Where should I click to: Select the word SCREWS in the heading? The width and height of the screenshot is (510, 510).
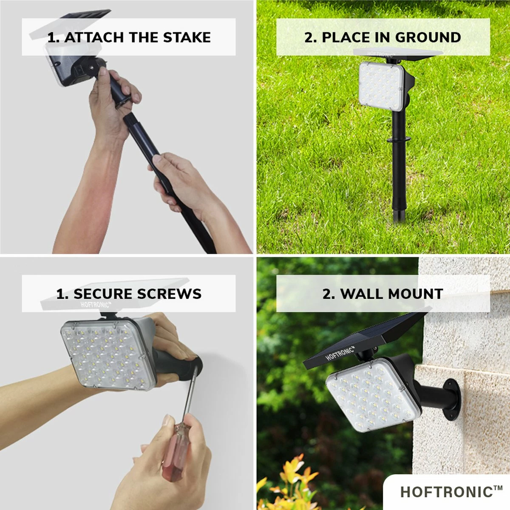[169, 294]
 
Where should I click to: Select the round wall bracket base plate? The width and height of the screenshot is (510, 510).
[453, 399]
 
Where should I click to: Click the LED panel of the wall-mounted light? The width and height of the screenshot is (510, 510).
[370, 395]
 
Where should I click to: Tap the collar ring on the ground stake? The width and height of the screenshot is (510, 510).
[398, 139]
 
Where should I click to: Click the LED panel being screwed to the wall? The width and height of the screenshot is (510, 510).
[106, 353]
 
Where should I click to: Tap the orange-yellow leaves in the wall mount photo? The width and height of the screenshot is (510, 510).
[293, 476]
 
